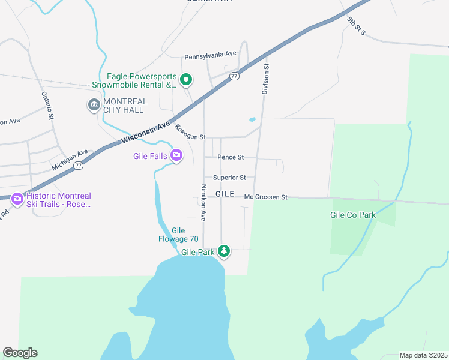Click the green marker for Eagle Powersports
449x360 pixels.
pos(186,79)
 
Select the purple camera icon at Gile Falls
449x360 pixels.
pos(176,156)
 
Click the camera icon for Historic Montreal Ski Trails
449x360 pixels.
pos(17,199)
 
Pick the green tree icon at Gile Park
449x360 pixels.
pos(224,250)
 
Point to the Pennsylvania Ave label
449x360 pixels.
pos(210,55)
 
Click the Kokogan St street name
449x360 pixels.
pos(190,132)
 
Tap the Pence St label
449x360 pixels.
pos(231,157)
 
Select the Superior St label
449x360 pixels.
pos(229,178)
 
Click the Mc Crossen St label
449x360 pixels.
pos(266,197)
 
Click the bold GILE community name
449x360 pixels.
pos(224,194)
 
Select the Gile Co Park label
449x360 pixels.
pos(352,214)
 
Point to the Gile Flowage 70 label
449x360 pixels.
pos(178,235)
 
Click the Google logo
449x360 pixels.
pos(20,353)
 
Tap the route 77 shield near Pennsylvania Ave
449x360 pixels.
pos(234,76)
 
